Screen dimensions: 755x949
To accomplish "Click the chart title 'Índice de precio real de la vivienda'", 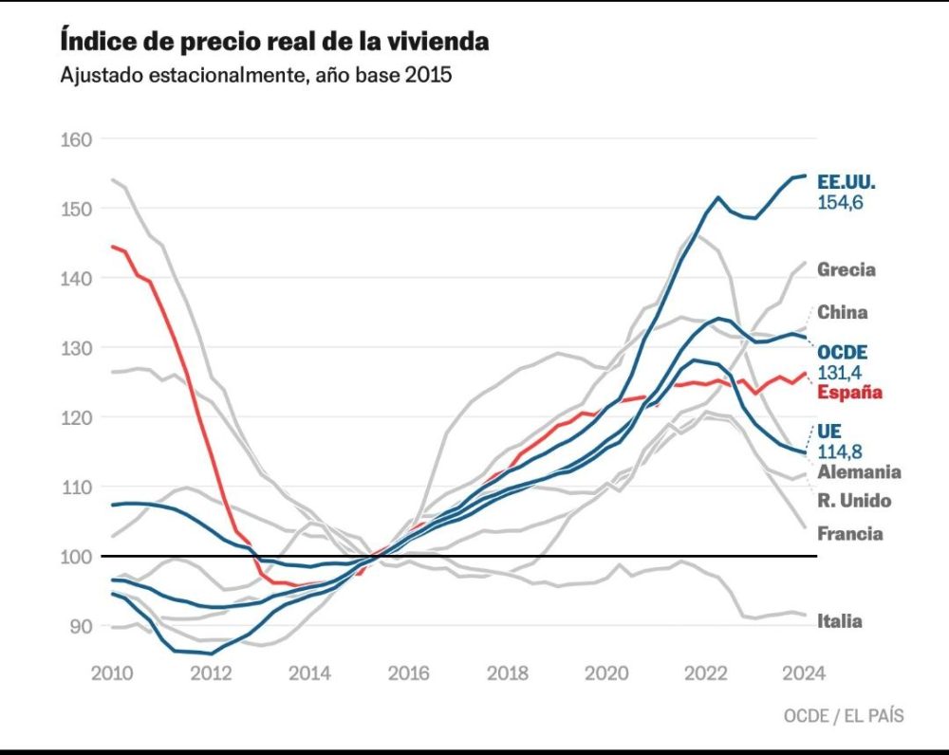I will [x=274, y=43].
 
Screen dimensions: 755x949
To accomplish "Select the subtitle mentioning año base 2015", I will [x=255, y=76].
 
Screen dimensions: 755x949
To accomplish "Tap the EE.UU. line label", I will [x=846, y=182].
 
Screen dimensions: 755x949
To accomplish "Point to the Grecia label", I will [x=847, y=269].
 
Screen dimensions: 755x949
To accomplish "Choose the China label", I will [x=843, y=312].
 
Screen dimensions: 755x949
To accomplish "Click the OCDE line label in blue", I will [x=843, y=353].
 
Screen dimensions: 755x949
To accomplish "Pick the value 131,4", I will [x=837, y=372].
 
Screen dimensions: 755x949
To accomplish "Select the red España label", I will [x=850, y=392].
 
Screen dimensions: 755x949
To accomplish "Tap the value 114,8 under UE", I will [x=837, y=451].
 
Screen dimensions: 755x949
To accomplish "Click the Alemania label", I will [x=859, y=471].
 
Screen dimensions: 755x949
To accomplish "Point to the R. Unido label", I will [x=854, y=501].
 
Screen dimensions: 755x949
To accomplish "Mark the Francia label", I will [x=850, y=534].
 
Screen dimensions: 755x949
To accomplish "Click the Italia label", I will [x=840, y=621].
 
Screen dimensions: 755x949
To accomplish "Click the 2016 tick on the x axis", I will [x=408, y=673].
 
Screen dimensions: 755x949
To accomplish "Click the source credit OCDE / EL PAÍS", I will [x=844, y=716].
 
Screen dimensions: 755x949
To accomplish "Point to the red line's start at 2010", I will [x=113, y=247].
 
